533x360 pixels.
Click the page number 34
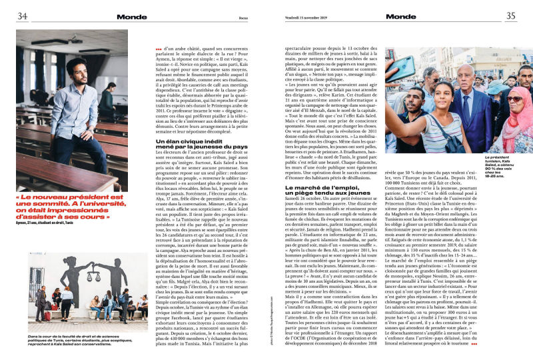tap(22, 16)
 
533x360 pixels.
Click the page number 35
tap(510, 16)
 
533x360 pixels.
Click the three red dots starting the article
tap(158, 49)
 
